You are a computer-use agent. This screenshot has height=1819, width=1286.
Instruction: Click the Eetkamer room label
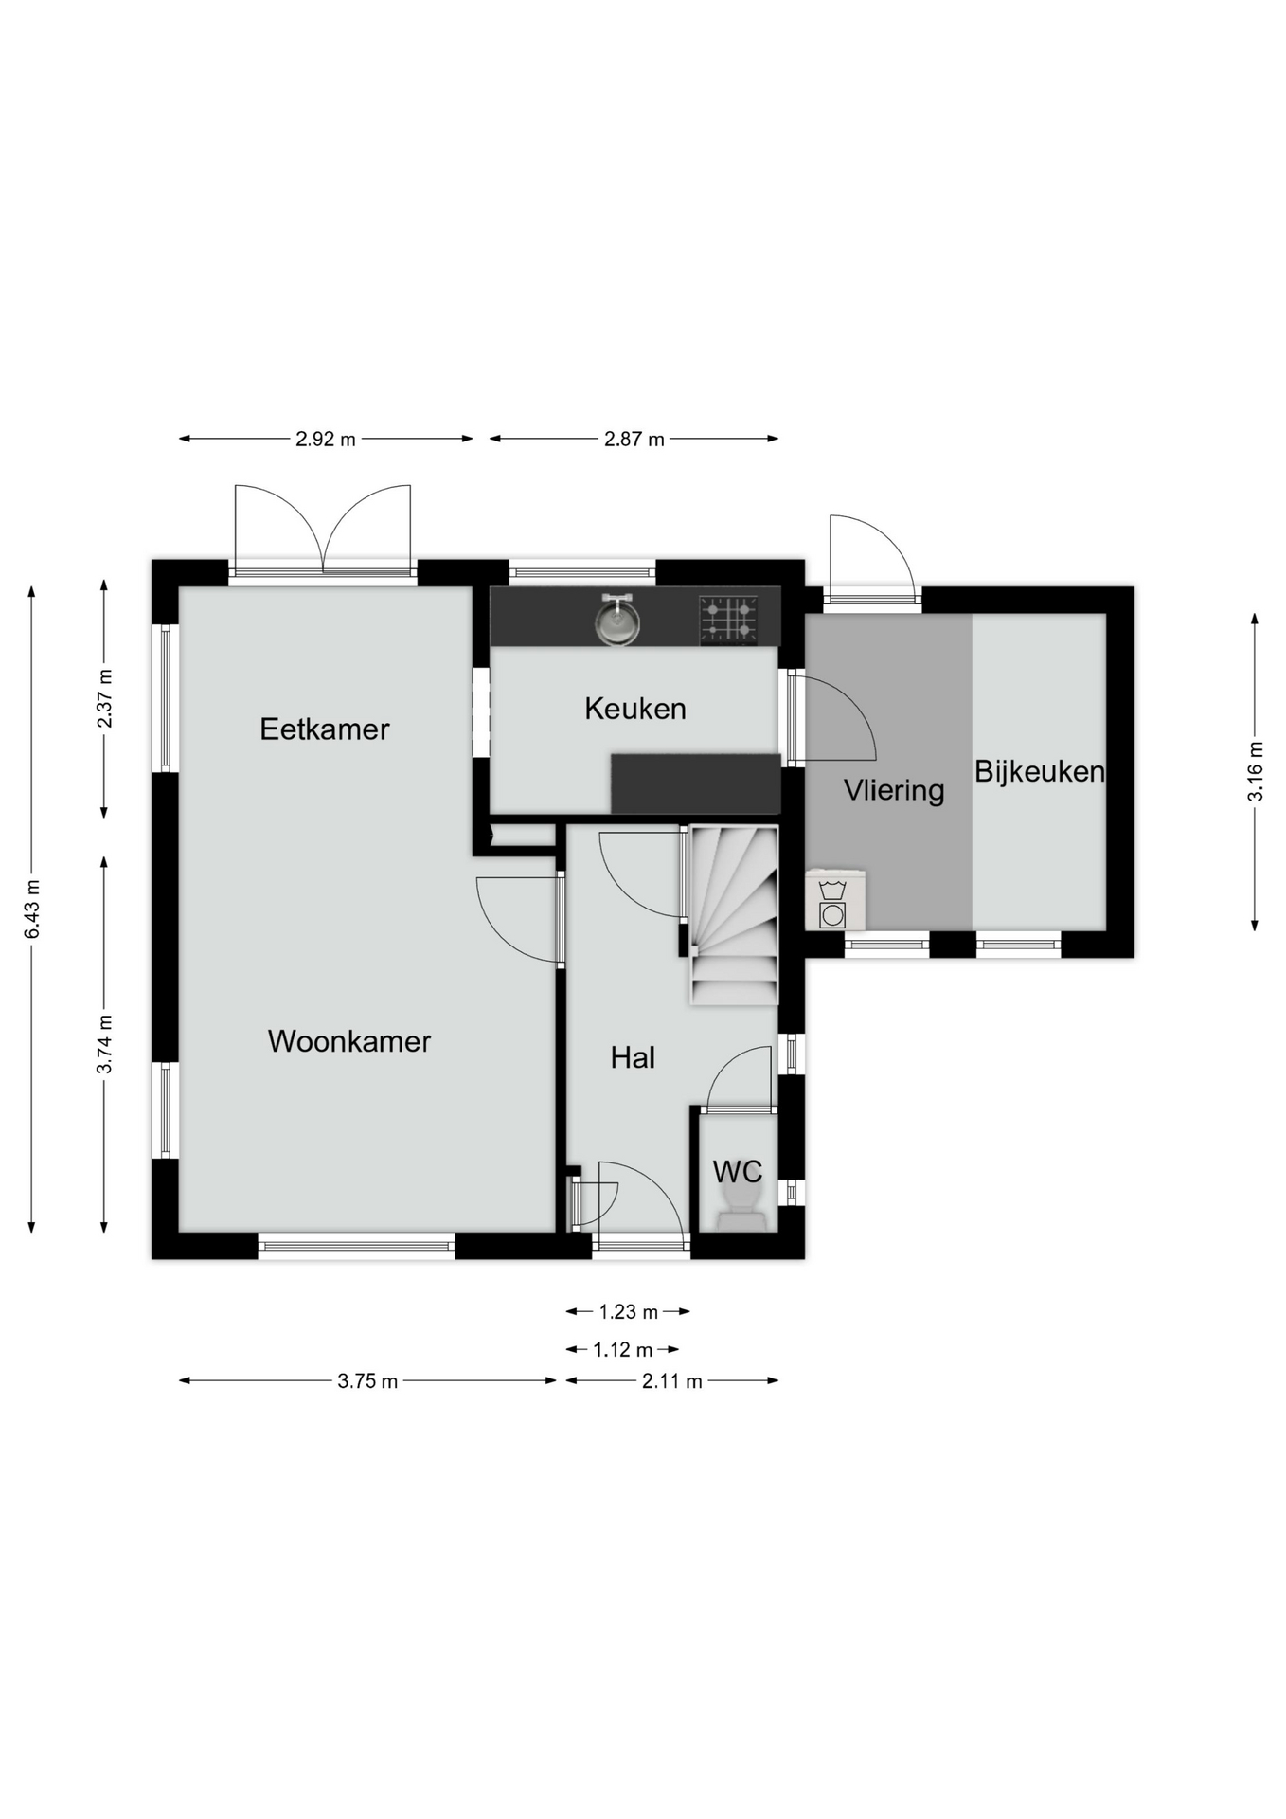pos(325,729)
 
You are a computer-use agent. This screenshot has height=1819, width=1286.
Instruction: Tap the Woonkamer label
pos(349,1041)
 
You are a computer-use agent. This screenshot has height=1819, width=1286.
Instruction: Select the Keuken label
pos(635,708)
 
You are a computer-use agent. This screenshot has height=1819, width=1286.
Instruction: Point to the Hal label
pos(633,1057)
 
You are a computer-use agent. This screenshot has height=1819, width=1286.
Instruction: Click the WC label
pos(738,1171)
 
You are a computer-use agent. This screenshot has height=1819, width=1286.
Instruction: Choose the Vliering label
pos(894,790)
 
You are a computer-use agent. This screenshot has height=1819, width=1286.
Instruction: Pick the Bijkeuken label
pos(1040,771)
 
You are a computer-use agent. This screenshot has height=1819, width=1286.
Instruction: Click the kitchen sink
pos(617,621)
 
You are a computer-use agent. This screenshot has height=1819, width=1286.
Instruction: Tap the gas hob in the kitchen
pos(728,620)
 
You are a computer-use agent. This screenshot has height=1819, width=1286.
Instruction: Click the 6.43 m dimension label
pos(32,909)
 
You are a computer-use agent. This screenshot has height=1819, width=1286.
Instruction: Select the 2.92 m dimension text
pos(326,440)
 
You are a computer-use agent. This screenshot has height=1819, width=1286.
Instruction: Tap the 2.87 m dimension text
pos(634,440)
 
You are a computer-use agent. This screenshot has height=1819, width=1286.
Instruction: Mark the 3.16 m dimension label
pos(1256,771)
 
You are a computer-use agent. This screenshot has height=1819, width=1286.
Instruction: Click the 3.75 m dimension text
pos(367,1381)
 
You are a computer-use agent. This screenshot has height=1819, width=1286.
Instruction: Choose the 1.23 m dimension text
pos(628,1312)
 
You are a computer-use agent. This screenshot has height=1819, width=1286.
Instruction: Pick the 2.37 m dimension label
pos(104,698)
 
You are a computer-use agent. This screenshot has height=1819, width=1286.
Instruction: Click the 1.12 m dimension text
pos(623,1350)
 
